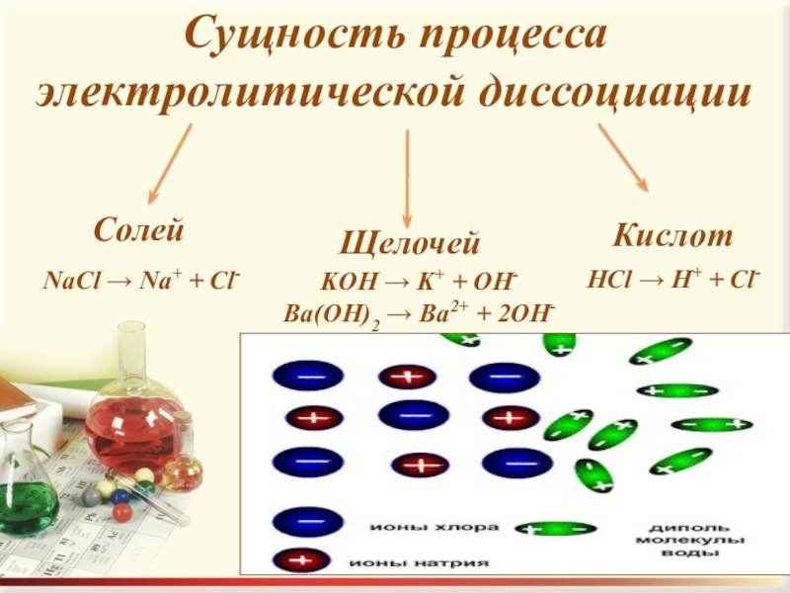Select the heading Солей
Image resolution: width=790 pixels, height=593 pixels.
coord(140,230)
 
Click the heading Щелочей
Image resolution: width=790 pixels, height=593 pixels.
coord(410,242)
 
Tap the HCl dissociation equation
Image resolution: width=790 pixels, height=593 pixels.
coord(672,280)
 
